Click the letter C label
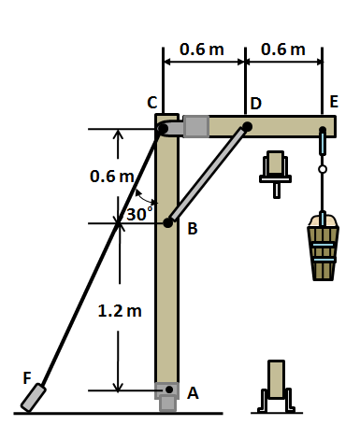coord(152,102)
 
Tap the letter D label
coord(255,102)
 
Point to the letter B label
coord(193,229)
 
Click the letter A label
coord(193,393)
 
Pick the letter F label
coord(28,376)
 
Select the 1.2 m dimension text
coord(120,311)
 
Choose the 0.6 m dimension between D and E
coord(283,49)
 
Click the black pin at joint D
coord(248,127)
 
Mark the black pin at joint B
coord(168,222)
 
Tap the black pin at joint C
coord(163,129)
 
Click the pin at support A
coord(168,389)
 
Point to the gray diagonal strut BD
coord(208,175)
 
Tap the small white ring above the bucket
coord(323,169)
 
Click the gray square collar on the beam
coord(196,126)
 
